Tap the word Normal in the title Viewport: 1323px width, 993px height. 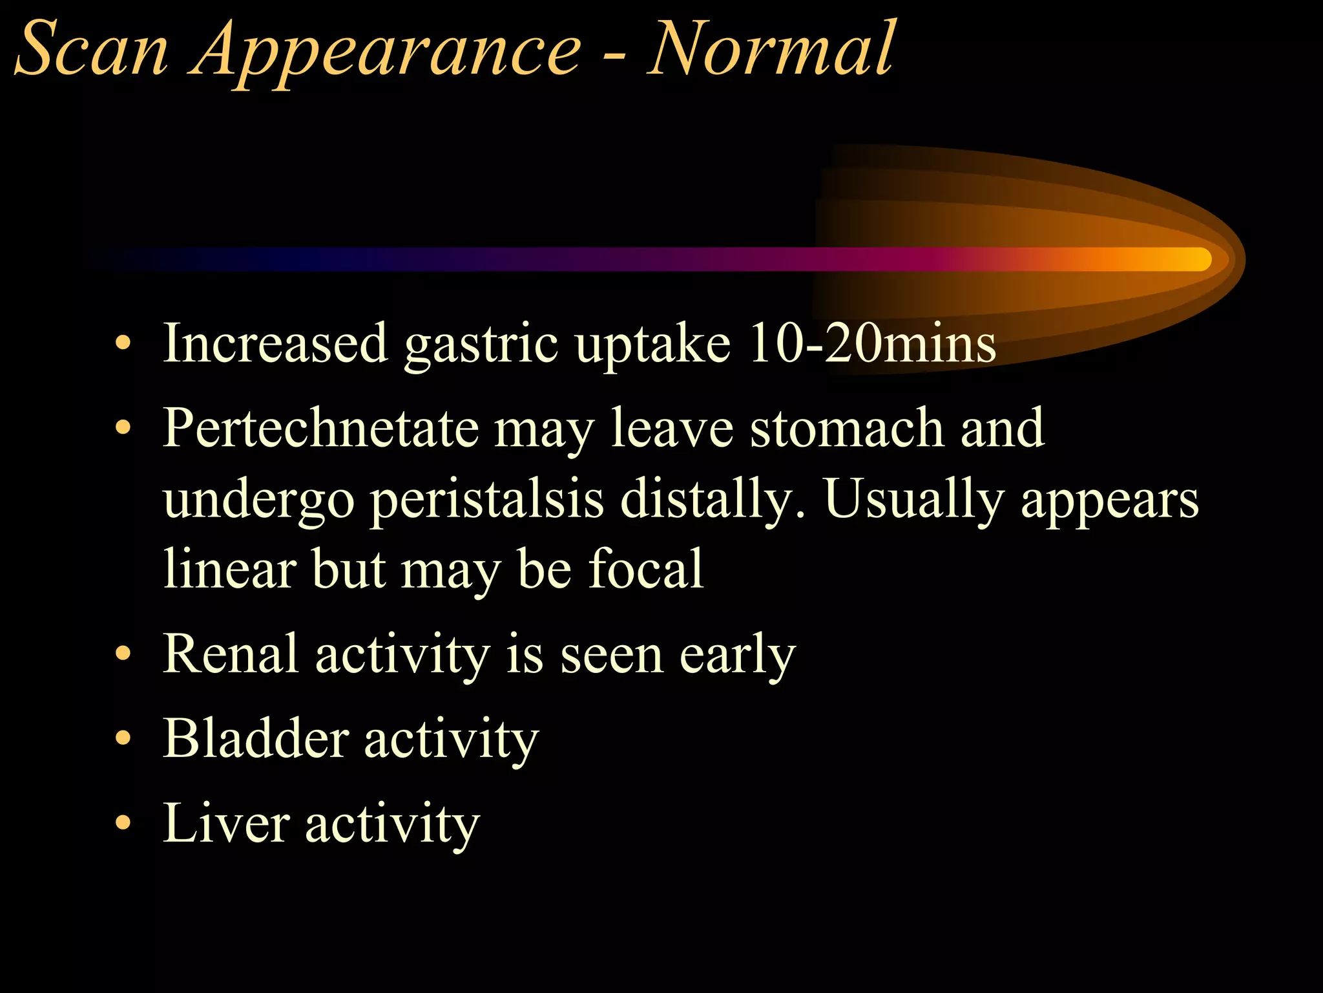click(x=772, y=49)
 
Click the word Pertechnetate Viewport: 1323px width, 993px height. click(x=320, y=428)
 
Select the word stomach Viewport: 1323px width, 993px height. click(x=847, y=428)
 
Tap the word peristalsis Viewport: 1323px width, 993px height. click(x=488, y=500)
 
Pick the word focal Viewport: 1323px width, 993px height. click(x=646, y=570)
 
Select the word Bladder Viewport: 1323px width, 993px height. click(x=256, y=738)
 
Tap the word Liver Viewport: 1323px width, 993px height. click(x=226, y=823)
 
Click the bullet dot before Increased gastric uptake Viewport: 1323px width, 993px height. click(x=123, y=343)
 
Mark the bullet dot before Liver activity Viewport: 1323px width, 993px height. click(x=123, y=823)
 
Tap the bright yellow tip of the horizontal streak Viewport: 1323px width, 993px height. click(x=1195, y=259)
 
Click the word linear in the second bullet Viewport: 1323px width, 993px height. click(x=229, y=570)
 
